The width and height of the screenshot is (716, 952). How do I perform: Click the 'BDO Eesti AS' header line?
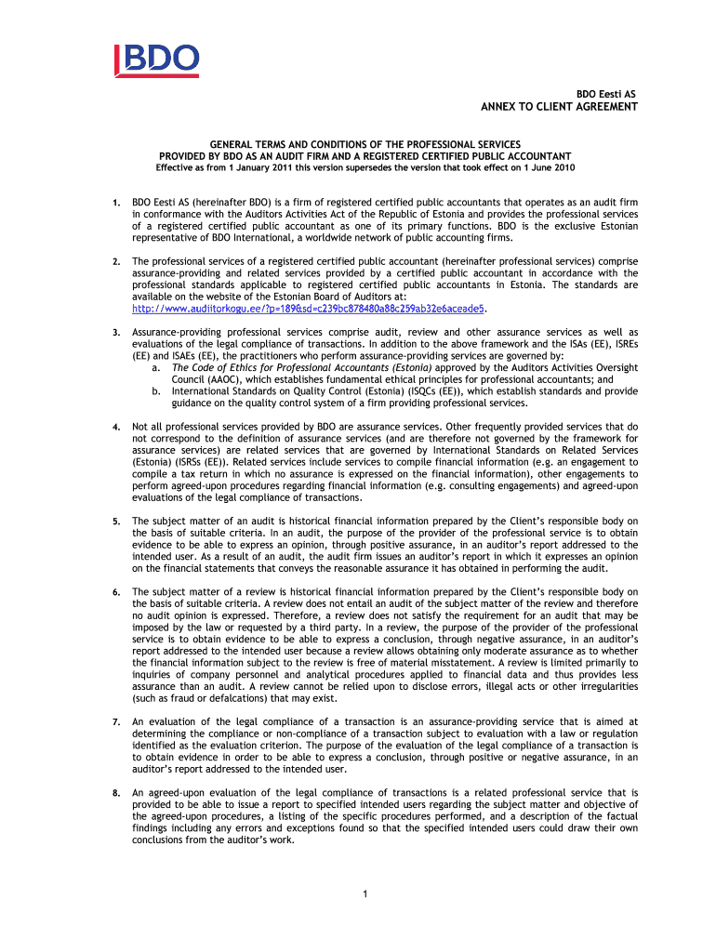[x=606, y=94]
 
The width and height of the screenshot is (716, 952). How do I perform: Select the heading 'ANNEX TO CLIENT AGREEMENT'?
[x=559, y=107]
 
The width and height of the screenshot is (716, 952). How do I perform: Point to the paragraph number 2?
[x=115, y=262]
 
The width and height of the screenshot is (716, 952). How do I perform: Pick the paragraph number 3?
[x=115, y=333]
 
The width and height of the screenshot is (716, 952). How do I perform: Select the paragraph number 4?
[x=115, y=427]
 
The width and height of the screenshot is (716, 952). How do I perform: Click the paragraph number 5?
[x=115, y=522]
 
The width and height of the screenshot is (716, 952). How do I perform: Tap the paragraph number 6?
[x=115, y=592]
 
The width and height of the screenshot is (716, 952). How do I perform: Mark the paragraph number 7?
[x=115, y=721]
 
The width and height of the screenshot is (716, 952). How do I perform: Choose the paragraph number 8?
[x=115, y=793]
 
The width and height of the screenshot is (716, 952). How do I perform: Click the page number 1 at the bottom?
[x=367, y=894]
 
